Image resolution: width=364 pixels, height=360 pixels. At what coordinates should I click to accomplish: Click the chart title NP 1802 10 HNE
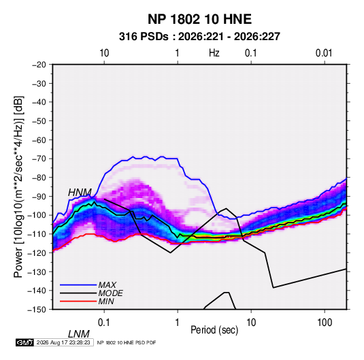pyautogui.click(x=199, y=19)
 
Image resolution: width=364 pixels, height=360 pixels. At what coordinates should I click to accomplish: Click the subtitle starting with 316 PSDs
pyautogui.click(x=199, y=37)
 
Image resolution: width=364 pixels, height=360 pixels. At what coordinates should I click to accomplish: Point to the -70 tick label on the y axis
pyautogui.click(x=39, y=159)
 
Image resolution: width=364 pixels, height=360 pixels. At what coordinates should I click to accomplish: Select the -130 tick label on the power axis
pyautogui.click(x=37, y=272)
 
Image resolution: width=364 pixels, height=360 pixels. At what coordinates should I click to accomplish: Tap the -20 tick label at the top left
pyautogui.click(x=39, y=65)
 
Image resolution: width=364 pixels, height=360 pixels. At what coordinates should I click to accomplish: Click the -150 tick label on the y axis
pyautogui.click(x=37, y=310)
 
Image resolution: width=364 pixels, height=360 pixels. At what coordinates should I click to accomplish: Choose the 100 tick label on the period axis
pyautogui.click(x=325, y=323)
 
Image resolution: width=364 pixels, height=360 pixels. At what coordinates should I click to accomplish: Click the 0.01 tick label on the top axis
pyautogui.click(x=324, y=53)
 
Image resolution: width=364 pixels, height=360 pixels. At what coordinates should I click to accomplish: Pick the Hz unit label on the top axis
pyautogui.click(x=214, y=53)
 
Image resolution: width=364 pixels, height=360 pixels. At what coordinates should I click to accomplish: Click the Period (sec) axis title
pyautogui.click(x=214, y=330)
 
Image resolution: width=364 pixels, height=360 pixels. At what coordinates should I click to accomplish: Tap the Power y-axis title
pyautogui.click(x=18, y=186)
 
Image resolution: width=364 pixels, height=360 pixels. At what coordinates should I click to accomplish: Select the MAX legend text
pyautogui.click(x=107, y=284)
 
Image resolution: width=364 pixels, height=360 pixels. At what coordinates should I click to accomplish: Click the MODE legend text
pyautogui.click(x=110, y=293)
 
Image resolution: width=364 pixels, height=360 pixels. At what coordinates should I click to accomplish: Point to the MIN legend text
pyautogui.click(x=106, y=301)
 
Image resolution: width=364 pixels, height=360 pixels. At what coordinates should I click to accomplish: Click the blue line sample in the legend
pyautogui.click(x=78, y=285)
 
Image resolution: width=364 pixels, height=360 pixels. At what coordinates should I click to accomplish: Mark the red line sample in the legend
pyautogui.click(x=78, y=301)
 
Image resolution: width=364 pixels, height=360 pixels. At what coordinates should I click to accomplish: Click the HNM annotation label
pyautogui.click(x=80, y=193)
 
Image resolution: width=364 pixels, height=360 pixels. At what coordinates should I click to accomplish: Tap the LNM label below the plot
pyautogui.click(x=78, y=334)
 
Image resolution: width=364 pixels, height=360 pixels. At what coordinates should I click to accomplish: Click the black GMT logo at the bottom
pyautogui.click(x=25, y=342)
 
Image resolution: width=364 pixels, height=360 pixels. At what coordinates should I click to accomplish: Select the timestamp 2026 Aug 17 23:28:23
pyautogui.click(x=63, y=342)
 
